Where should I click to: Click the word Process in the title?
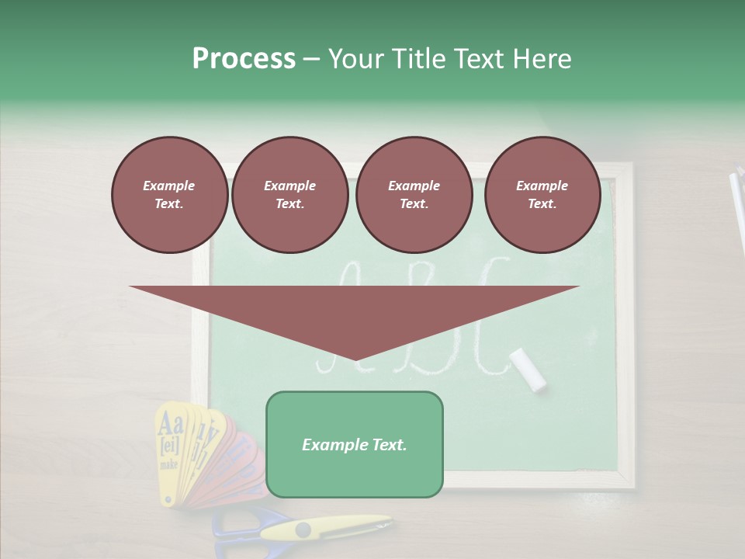point(244,59)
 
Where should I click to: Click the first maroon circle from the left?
point(169,195)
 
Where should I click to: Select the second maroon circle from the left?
point(289,195)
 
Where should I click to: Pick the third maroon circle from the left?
point(414,195)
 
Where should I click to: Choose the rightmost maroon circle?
point(542,195)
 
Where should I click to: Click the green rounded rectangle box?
point(354,444)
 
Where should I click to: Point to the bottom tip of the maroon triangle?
point(355,359)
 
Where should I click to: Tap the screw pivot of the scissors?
point(302,530)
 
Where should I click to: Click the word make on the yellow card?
point(168,464)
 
